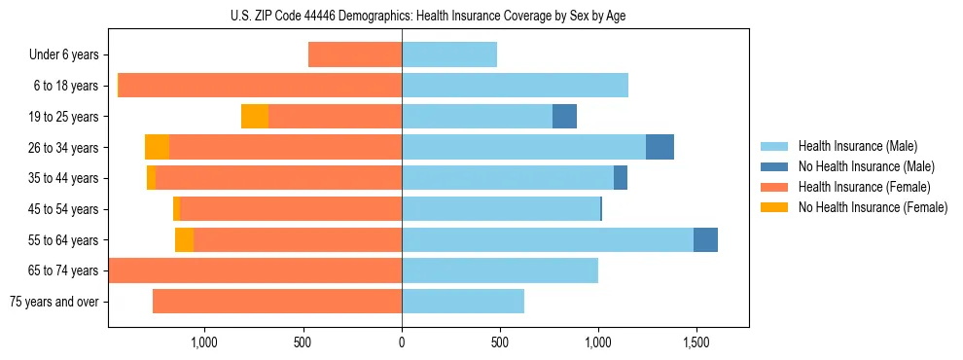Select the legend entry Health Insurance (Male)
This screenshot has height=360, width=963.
pyautogui.click(x=857, y=146)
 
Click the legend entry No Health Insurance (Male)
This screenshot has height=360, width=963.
pyautogui.click(x=866, y=166)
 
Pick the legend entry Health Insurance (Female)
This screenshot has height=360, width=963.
pyautogui.click(x=864, y=187)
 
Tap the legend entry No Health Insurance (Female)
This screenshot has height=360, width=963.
pyautogui.click(x=873, y=207)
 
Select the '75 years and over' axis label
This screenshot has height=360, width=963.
pyautogui.click(x=54, y=302)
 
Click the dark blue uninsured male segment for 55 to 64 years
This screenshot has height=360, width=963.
pyautogui.click(x=705, y=239)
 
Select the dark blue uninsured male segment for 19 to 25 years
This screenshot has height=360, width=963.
pyautogui.click(x=564, y=117)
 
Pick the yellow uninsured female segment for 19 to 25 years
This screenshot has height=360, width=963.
pyautogui.click(x=255, y=117)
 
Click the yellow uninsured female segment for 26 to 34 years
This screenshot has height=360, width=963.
pyautogui.click(x=157, y=147)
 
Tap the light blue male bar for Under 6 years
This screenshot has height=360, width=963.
pyautogui.click(x=449, y=55)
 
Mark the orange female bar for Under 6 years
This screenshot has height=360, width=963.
pyautogui.click(x=355, y=55)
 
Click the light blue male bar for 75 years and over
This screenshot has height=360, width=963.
pyautogui.click(x=463, y=302)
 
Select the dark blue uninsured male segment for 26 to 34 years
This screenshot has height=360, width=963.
pyautogui.click(x=660, y=147)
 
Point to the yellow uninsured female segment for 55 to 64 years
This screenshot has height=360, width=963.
pyautogui.click(x=184, y=239)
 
